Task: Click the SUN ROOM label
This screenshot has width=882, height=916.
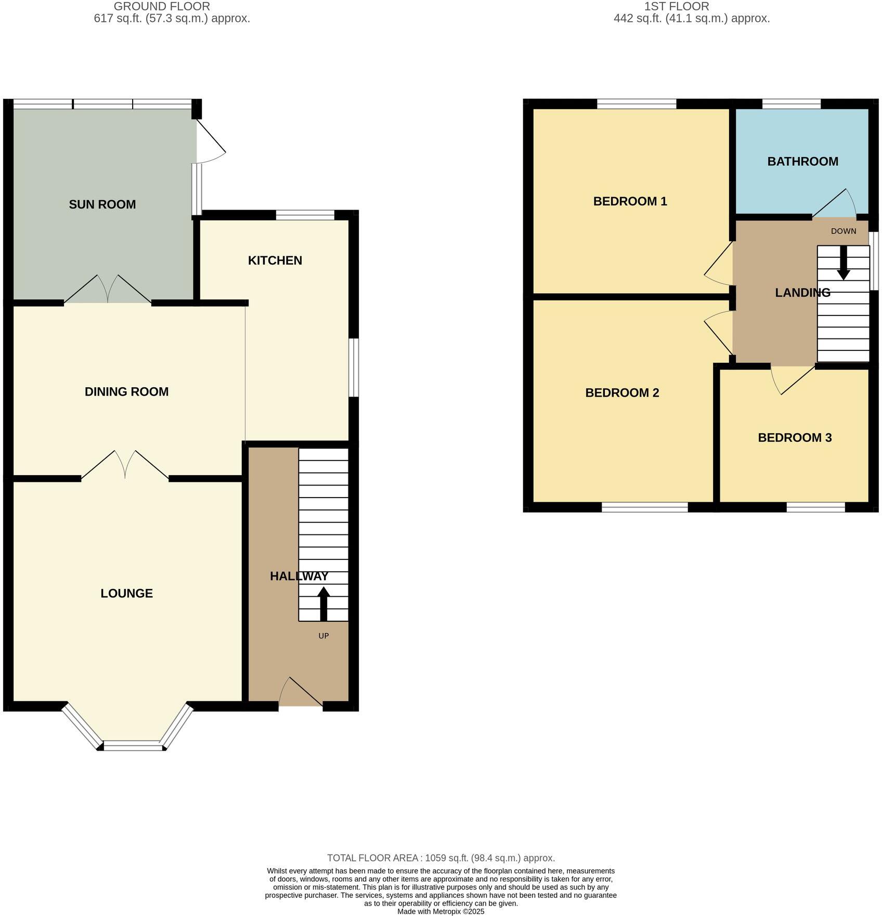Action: pyautogui.click(x=102, y=204)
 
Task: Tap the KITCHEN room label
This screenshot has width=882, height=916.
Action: pyautogui.click(x=275, y=260)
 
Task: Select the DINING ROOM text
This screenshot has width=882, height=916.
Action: pyautogui.click(x=126, y=391)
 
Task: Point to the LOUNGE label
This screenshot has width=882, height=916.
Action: pyautogui.click(x=126, y=593)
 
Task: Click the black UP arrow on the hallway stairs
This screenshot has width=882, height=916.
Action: pyautogui.click(x=323, y=603)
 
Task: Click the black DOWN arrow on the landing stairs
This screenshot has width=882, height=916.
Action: pyautogui.click(x=843, y=262)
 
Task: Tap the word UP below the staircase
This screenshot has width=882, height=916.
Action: pyautogui.click(x=323, y=636)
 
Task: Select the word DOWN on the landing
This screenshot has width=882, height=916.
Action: pyautogui.click(x=843, y=231)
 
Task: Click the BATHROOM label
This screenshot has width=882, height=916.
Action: pyautogui.click(x=802, y=161)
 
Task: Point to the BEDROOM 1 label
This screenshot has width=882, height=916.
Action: pyautogui.click(x=630, y=201)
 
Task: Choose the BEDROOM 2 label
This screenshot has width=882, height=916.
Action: pyautogui.click(x=622, y=392)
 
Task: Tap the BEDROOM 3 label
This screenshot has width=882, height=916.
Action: pyautogui.click(x=795, y=438)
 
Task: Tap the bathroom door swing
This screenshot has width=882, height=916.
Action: pyautogui.click(x=835, y=204)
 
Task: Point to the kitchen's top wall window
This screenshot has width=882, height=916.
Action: pyautogui.click(x=305, y=215)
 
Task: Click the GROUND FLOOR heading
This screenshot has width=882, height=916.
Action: pyautogui.click(x=162, y=7)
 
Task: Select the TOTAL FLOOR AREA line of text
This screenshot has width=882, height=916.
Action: pyautogui.click(x=440, y=858)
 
